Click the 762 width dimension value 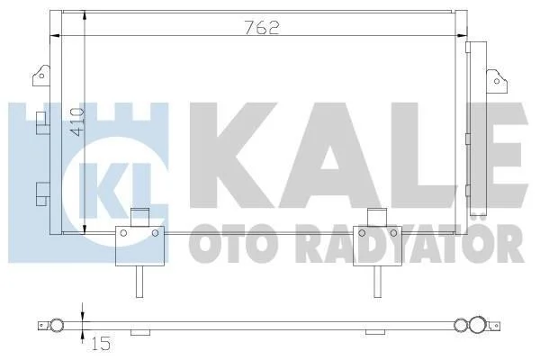262,27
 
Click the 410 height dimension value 76,122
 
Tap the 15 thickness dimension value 101,344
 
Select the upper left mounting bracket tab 41,75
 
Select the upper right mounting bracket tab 497,81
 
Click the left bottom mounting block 139,246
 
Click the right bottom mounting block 377,246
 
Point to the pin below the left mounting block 139,282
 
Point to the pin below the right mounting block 378,282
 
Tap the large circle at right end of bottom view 479,325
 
